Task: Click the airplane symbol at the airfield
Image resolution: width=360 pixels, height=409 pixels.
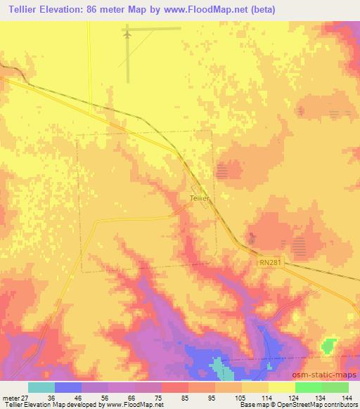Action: [127, 33]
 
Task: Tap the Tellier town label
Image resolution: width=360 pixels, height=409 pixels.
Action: [200, 198]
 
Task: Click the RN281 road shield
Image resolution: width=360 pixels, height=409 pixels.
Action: [268, 260]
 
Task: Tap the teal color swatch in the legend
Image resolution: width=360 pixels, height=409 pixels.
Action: [41, 387]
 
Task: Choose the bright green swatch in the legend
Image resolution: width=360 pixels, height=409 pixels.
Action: [308, 387]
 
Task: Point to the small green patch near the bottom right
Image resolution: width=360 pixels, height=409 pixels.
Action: [328, 346]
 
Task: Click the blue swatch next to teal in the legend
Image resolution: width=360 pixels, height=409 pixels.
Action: [67, 387]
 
